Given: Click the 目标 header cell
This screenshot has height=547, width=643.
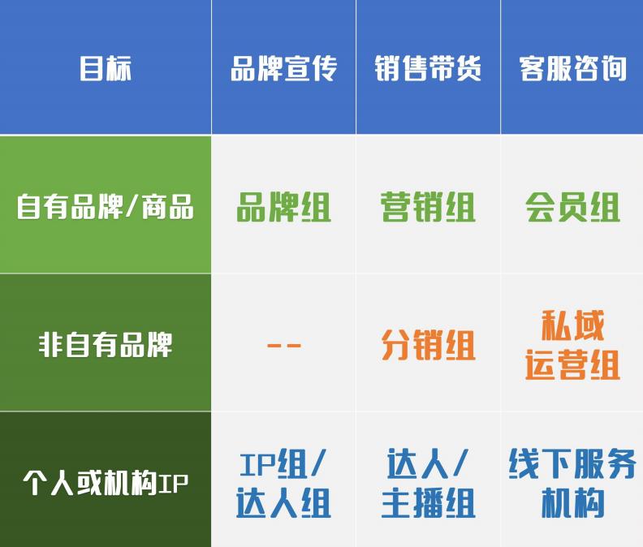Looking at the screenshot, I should pos(106,68).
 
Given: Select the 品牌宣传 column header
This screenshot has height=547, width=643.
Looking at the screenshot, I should pos(283,68).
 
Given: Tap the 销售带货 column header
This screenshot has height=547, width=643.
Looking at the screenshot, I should pos(428,68).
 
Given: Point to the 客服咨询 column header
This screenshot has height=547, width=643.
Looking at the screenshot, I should pos(572,68).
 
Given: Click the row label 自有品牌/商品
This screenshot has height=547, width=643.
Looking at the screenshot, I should pos(106,207).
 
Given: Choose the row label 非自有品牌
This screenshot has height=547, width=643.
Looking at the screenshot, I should pos(106,345).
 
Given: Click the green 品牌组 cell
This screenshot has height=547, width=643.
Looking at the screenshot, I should pos(283,208).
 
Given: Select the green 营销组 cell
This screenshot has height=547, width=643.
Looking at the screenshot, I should pos(428,208).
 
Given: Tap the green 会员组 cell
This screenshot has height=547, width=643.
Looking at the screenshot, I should pos(572,208).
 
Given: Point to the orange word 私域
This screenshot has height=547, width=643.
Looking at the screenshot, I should pos(573,326).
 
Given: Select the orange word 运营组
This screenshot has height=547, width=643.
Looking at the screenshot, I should pos(572,364).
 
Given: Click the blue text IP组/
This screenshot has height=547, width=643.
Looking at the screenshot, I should pos(283,464).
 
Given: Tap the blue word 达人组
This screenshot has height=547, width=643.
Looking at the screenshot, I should pos(283,503).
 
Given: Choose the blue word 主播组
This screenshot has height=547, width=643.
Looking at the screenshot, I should pos(428,503).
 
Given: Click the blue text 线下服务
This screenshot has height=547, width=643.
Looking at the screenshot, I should pos(572,464).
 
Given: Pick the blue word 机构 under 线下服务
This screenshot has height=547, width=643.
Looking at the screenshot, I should pos(572,503).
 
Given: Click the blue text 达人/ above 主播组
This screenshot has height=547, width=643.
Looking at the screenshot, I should pos(428,464).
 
